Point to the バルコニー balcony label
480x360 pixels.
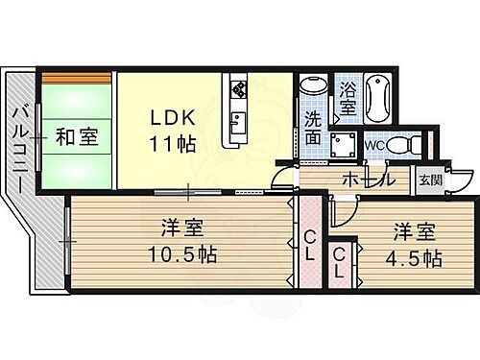20,149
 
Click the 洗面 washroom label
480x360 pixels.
314,129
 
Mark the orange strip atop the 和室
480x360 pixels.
76,77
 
